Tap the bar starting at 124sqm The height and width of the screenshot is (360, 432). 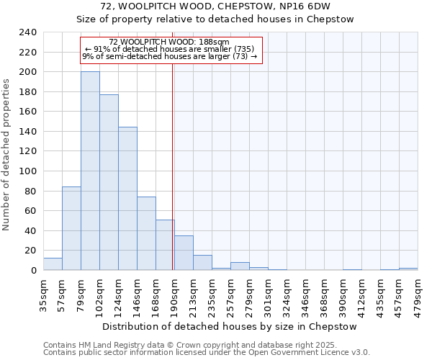tap(127, 198)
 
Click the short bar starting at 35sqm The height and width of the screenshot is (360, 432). tap(53, 264)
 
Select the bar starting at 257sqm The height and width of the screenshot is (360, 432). tap(240, 266)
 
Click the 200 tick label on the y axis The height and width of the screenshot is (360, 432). tap(28, 72)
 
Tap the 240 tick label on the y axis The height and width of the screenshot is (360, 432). tap(28, 32)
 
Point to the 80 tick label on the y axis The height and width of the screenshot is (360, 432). tap(31, 191)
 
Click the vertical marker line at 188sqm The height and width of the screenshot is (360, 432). tap(173, 180)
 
